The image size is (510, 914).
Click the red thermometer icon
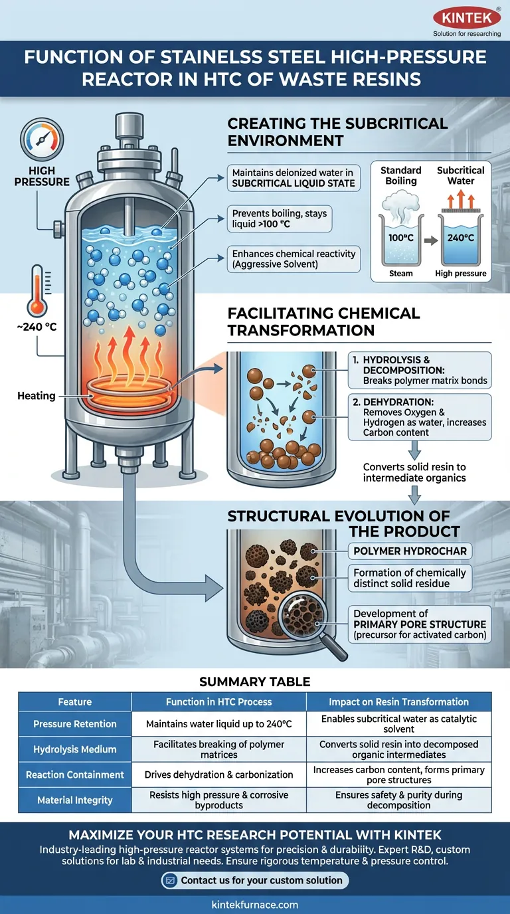[37, 289]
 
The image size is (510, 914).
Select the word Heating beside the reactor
[37, 396]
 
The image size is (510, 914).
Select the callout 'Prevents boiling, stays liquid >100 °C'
[280, 219]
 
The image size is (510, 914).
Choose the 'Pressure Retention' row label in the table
[75, 724]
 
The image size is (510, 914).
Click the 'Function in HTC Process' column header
[218, 701]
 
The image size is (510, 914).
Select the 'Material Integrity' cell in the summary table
[75, 800]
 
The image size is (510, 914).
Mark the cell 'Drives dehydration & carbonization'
[218, 775]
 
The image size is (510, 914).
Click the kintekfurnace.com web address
[255, 904]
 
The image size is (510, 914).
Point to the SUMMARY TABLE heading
[255, 682]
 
